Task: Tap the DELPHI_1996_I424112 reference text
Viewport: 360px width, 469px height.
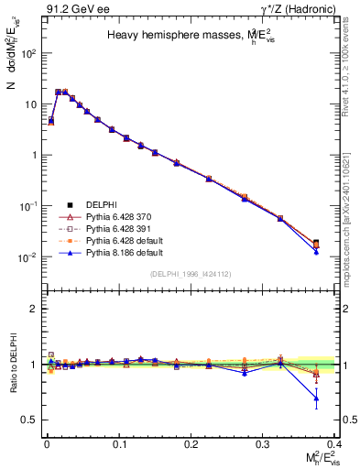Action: [x=190, y=274]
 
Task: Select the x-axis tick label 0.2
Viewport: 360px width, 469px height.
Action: [x=191, y=443]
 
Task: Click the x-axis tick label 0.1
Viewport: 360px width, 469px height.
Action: [x=119, y=443]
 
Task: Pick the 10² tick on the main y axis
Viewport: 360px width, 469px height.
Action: [x=27, y=53]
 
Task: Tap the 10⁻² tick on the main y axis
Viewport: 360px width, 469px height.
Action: [x=27, y=257]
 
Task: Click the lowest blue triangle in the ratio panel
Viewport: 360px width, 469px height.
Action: [x=316, y=398]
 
